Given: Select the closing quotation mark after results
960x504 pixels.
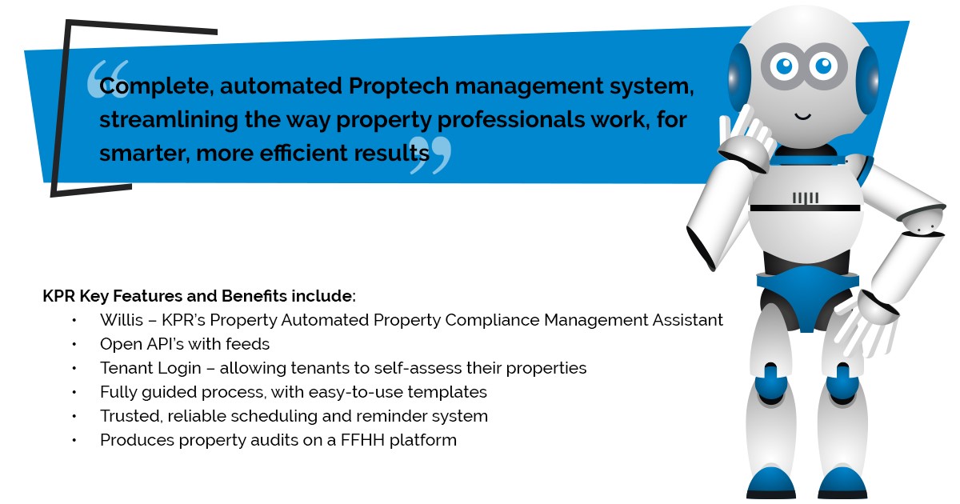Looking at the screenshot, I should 430,155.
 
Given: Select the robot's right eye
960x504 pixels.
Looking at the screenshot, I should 823,66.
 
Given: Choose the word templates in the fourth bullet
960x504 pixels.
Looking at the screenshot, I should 448,392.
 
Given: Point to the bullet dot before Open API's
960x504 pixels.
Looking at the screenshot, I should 74,345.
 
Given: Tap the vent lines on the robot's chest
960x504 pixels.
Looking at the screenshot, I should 805,197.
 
